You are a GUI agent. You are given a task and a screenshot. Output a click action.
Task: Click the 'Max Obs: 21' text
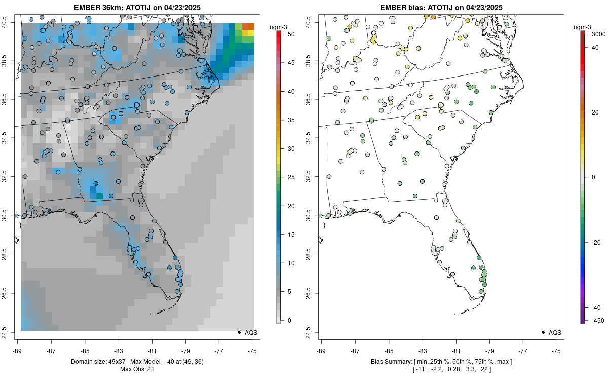pyautogui.click(x=137, y=369)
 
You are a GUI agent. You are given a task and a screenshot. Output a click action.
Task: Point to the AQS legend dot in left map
pyautogui.click(x=239, y=332)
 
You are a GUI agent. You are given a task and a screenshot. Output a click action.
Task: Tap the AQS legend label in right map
pyautogui.click(x=555, y=332)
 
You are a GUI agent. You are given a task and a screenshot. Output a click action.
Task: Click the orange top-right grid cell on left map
pyautogui.click(x=248, y=26)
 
